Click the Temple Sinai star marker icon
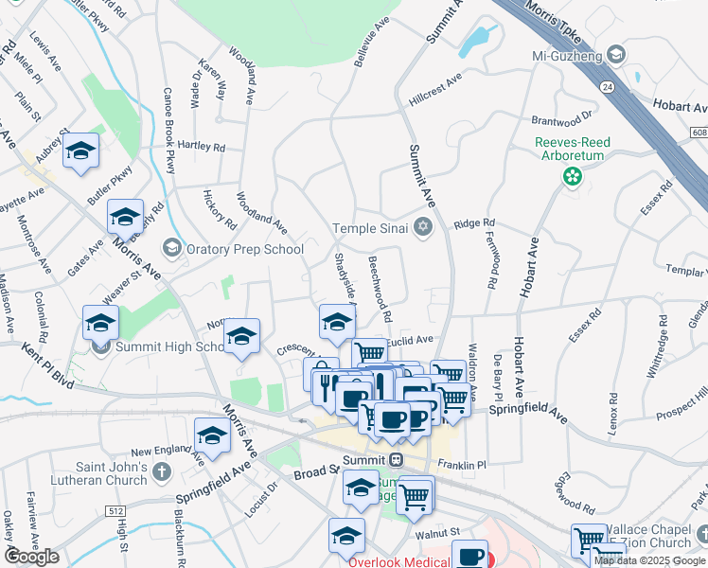tap(422, 227)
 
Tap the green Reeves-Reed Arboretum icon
tap(572, 175)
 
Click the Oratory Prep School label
tap(244, 249)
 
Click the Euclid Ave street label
tap(409, 339)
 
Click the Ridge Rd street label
tap(474, 223)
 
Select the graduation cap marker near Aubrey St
tap(81, 151)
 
